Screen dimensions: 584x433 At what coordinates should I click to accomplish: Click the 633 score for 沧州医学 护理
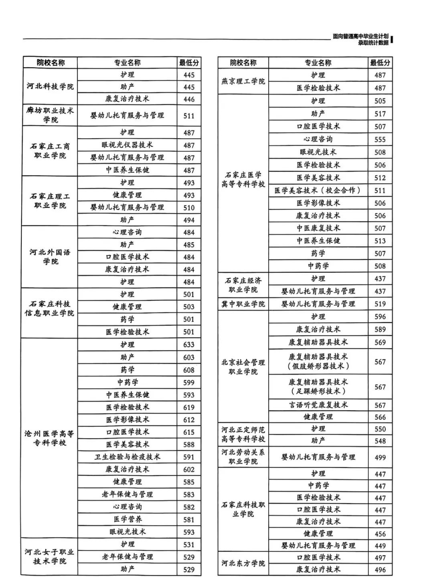(x=188, y=345)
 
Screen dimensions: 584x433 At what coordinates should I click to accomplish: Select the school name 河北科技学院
(x=50, y=87)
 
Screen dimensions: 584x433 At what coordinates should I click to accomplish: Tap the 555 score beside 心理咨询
(x=380, y=139)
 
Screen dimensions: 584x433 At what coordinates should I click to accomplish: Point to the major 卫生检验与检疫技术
(x=127, y=457)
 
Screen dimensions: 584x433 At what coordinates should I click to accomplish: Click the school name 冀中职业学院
(x=243, y=304)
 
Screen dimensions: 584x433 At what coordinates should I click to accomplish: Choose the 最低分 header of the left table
(x=189, y=63)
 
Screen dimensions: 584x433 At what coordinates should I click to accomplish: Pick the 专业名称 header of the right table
(x=318, y=63)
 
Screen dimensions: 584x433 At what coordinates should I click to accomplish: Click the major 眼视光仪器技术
(x=127, y=145)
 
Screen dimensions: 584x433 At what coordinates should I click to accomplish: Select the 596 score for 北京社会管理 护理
(x=380, y=317)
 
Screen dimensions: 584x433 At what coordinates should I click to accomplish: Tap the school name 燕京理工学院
(x=243, y=81)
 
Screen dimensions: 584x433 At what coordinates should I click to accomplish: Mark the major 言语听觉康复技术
(x=318, y=405)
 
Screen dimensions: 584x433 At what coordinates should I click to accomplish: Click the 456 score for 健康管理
(x=380, y=534)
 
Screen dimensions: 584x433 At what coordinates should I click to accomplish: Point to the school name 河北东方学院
(x=243, y=563)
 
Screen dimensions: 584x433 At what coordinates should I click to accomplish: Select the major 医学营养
(x=127, y=520)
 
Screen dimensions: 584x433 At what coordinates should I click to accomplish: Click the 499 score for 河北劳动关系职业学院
(x=380, y=457)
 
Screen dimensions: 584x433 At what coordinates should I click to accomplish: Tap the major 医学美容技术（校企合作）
(x=318, y=191)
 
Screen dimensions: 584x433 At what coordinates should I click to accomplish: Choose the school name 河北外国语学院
(x=50, y=257)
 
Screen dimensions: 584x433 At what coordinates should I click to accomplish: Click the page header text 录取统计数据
(x=373, y=43)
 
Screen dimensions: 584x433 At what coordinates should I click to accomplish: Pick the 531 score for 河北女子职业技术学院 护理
(x=188, y=545)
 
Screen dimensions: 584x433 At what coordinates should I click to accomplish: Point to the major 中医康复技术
(x=318, y=228)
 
